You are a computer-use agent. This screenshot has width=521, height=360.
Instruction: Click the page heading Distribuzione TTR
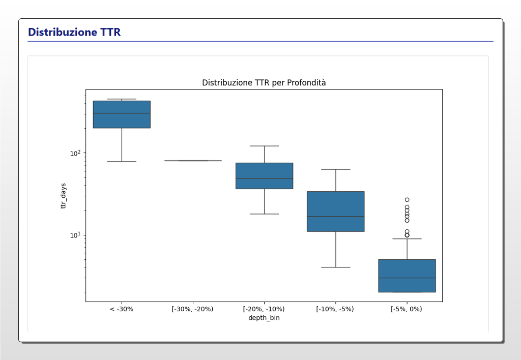coord(74,32)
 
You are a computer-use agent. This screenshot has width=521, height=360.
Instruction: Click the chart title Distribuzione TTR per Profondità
coord(264,82)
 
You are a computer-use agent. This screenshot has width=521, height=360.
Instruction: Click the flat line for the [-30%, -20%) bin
coord(193,161)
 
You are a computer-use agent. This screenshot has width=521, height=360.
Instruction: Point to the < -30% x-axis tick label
coord(122,309)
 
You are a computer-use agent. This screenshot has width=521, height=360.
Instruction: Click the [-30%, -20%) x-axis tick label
coord(193,309)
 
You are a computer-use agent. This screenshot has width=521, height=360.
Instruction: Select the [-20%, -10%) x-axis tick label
coord(264,309)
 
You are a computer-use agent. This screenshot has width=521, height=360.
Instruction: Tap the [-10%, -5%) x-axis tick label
coord(335,309)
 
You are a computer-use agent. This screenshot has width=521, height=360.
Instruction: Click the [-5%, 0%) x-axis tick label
coord(407,309)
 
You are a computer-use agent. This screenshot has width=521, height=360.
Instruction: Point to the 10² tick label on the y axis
coord(74,153)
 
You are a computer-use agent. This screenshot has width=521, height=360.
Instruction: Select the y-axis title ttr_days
coord(64,196)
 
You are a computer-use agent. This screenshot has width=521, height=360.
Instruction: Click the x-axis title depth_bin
coord(264,318)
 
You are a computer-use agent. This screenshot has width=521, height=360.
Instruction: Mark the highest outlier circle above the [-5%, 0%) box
coord(407,200)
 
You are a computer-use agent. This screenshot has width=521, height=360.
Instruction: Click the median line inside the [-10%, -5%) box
coord(335,216)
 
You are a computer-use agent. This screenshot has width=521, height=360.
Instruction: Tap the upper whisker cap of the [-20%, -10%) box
coord(264,146)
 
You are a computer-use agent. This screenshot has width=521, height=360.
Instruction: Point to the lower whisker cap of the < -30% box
coord(122,161)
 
